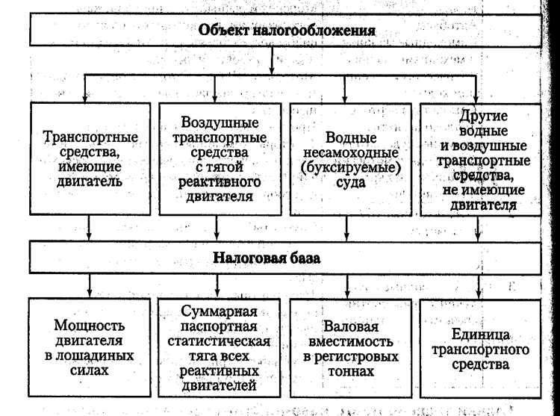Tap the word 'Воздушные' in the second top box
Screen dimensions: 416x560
pos(220,121)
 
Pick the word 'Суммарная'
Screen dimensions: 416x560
pos(220,311)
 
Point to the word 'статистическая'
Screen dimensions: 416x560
pos(220,341)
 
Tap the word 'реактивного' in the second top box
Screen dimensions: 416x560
pos(220,181)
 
